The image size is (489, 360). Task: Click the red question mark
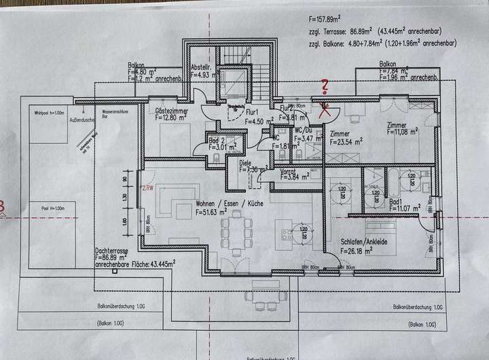pos(325,86)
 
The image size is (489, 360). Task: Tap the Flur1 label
pos(253,112)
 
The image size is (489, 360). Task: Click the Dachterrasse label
pos(116,251)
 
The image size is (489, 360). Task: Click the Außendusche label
pos(82,120)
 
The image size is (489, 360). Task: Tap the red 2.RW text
pos(147,188)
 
